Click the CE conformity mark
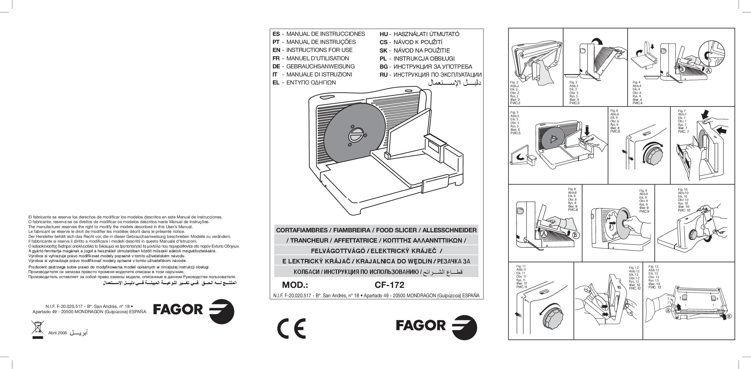(x=291, y=328)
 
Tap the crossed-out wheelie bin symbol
(x=37, y=330)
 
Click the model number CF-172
(x=389, y=285)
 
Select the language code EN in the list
(x=276, y=50)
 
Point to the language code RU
(x=384, y=75)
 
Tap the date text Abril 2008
(x=57, y=333)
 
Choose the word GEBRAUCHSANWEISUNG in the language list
(x=320, y=66)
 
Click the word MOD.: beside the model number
(x=295, y=285)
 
